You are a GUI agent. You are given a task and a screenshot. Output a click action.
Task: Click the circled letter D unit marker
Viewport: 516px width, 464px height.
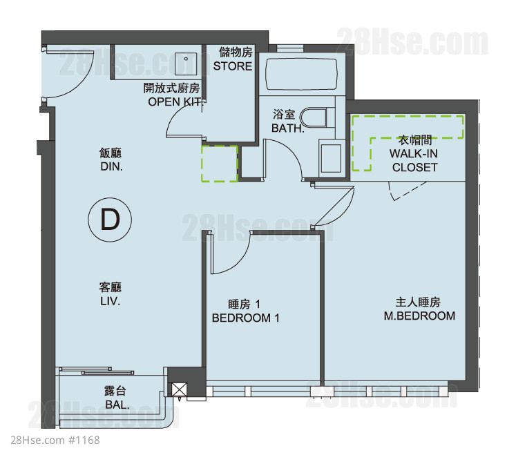click(x=110, y=220)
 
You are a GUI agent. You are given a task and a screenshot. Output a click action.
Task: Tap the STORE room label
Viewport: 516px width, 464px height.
click(x=232, y=66)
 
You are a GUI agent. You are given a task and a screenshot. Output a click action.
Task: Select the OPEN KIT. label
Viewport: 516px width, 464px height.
click(x=174, y=102)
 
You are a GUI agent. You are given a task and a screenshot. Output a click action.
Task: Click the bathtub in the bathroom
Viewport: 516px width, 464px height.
click(x=301, y=74)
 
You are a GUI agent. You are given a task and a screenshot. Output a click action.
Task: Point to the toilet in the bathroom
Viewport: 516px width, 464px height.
click(x=314, y=117)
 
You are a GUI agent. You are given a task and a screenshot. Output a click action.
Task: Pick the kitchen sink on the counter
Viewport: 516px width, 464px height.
click(x=186, y=64)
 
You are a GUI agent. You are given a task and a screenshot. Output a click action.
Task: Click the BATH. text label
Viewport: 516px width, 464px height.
click(x=288, y=128)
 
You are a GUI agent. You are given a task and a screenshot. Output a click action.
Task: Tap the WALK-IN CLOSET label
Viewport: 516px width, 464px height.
click(x=414, y=160)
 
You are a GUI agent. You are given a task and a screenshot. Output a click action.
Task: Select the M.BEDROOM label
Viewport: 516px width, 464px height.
click(x=419, y=316)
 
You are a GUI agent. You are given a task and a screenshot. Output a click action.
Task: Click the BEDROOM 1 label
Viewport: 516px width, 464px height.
click(x=245, y=318)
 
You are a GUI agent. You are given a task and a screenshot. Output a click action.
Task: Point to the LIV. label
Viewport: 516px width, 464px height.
click(x=111, y=301)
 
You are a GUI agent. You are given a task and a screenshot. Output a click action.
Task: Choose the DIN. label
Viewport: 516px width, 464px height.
click(x=112, y=166)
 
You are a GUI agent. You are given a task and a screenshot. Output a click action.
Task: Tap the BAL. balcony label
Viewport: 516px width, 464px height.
click(x=117, y=405)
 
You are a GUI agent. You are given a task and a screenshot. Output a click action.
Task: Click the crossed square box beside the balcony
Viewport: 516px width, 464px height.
click(x=179, y=389)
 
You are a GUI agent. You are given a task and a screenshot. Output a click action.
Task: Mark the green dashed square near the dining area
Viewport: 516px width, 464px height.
click(x=220, y=164)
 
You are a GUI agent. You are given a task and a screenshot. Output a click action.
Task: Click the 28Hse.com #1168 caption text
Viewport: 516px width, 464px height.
click(x=55, y=440)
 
